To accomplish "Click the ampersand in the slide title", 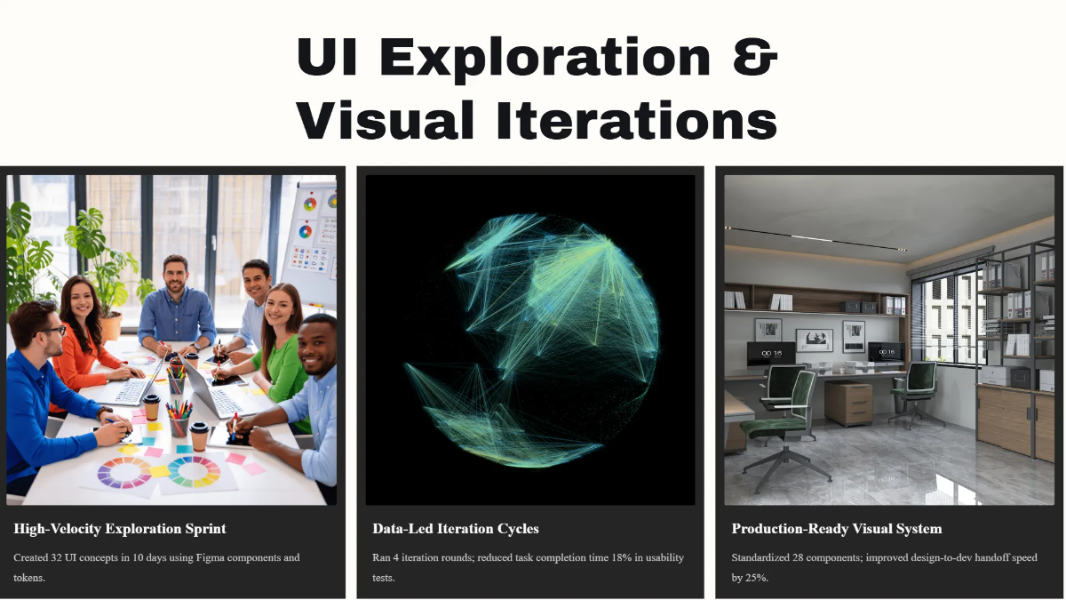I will tap(756, 58).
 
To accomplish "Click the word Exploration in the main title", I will tap(545, 58).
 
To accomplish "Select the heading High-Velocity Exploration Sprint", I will tap(120, 529).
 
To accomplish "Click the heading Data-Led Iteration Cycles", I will tap(456, 529).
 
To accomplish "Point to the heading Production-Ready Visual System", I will tap(836, 529).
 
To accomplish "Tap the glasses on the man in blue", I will tap(52, 331).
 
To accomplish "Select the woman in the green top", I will tap(277, 347).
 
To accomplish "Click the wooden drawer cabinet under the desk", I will tap(847, 404).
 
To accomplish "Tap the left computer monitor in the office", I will tap(771, 354).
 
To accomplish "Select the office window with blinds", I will tap(946, 316).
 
